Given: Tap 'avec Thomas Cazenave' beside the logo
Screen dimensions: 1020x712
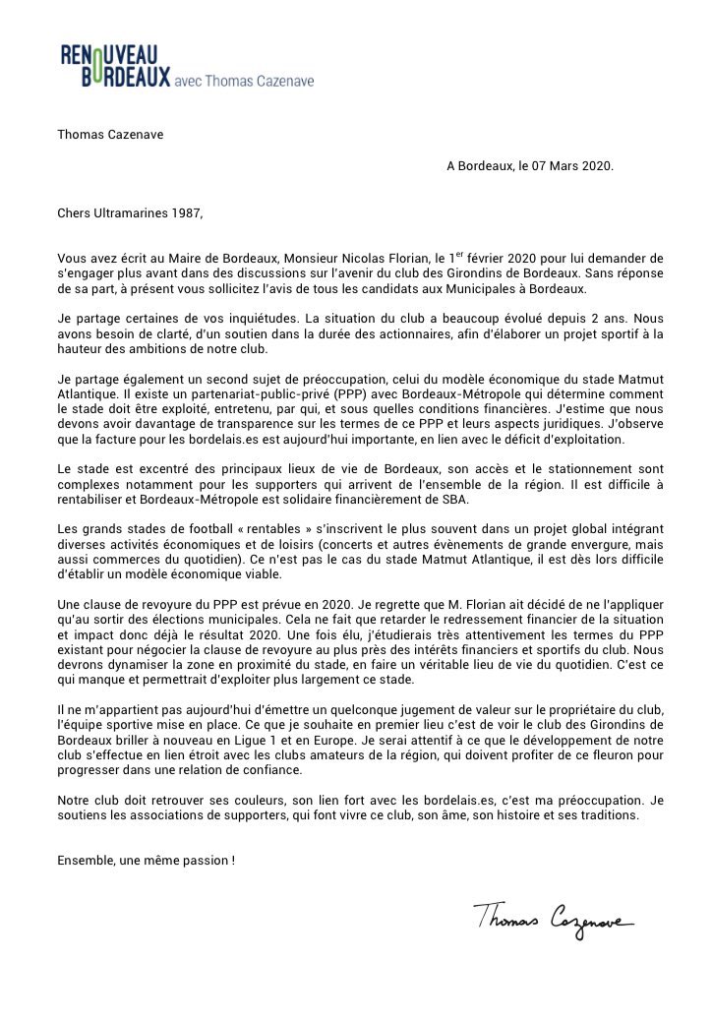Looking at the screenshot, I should click(x=243, y=81).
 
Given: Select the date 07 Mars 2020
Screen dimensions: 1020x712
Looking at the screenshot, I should click(x=567, y=166).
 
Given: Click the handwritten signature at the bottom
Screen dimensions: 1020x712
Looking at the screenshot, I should click(x=553, y=921).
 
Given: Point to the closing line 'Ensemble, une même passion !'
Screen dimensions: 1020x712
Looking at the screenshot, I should click(x=147, y=861).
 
